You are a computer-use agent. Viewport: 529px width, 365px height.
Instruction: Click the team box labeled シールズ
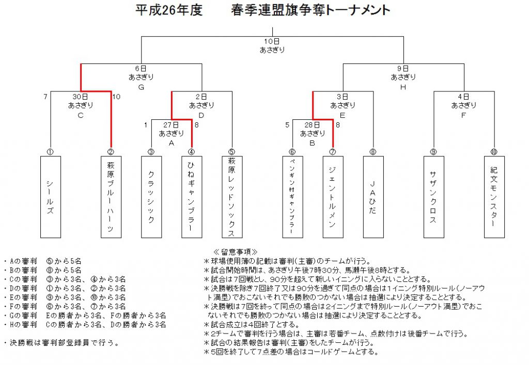51,197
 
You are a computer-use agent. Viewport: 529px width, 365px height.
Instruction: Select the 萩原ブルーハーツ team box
111,197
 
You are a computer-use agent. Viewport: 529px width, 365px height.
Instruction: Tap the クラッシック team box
151,197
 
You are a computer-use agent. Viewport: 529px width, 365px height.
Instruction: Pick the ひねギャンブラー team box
192,197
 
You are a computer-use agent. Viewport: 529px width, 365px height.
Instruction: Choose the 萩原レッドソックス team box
232,197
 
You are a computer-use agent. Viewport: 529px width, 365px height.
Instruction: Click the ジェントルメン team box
333,197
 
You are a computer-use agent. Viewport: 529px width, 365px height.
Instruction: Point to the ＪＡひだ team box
373,197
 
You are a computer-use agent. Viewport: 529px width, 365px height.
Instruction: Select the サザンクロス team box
434,197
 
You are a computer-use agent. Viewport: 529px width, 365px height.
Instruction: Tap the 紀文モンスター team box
494,197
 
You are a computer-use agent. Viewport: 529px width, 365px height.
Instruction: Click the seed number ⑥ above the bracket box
292,152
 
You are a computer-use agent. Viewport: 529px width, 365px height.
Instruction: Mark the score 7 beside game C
45,97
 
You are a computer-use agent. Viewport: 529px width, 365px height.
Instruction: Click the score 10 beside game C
116,97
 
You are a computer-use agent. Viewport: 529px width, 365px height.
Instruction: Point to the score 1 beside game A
146,125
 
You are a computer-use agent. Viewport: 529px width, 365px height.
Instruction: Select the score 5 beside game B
287,125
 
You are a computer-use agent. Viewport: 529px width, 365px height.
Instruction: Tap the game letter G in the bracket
141,87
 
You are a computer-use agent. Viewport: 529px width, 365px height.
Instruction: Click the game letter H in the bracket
403,87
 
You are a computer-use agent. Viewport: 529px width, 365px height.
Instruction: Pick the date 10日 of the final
272,41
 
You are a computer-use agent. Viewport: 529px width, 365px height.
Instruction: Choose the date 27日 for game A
171,125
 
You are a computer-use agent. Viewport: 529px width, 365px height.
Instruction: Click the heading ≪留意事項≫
236,252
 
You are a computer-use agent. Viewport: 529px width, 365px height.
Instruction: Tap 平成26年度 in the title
169,10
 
